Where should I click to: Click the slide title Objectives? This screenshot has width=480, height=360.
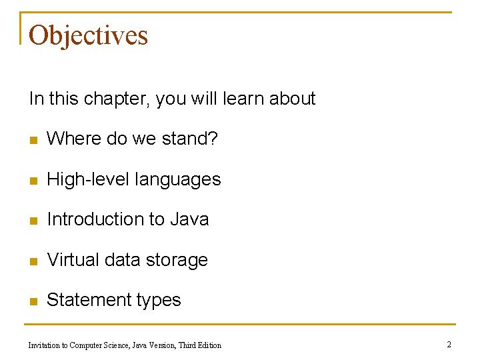88,35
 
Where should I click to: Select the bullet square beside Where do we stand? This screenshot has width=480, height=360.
33,140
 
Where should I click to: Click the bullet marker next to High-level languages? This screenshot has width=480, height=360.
33,181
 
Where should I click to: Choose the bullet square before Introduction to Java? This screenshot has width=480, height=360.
33,221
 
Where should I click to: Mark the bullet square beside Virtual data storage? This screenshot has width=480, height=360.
33,261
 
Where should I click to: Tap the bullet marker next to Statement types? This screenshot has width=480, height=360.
33,301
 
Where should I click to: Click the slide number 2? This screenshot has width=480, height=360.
449,345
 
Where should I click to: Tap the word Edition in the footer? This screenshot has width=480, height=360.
208,345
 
